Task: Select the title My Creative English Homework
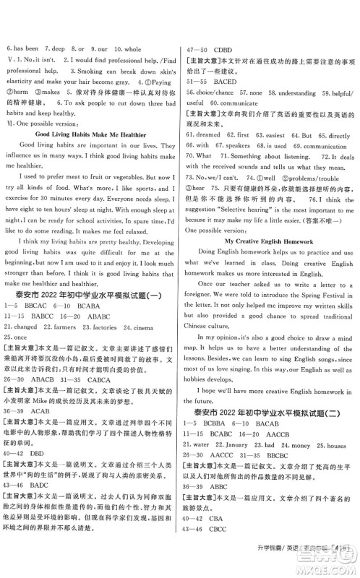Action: pyautogui.click(x=270, y=238)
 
